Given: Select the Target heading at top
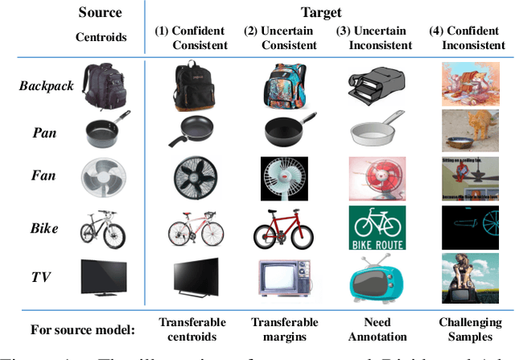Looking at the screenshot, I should (322, 13).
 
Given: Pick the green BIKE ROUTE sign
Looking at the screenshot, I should (373, 228).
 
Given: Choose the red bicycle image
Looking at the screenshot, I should (283, 228).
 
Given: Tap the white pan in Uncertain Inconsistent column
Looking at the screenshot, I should (373, 130).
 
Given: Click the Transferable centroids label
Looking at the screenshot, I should (192, 329).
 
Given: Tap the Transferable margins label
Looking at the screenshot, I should (284, 329).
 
